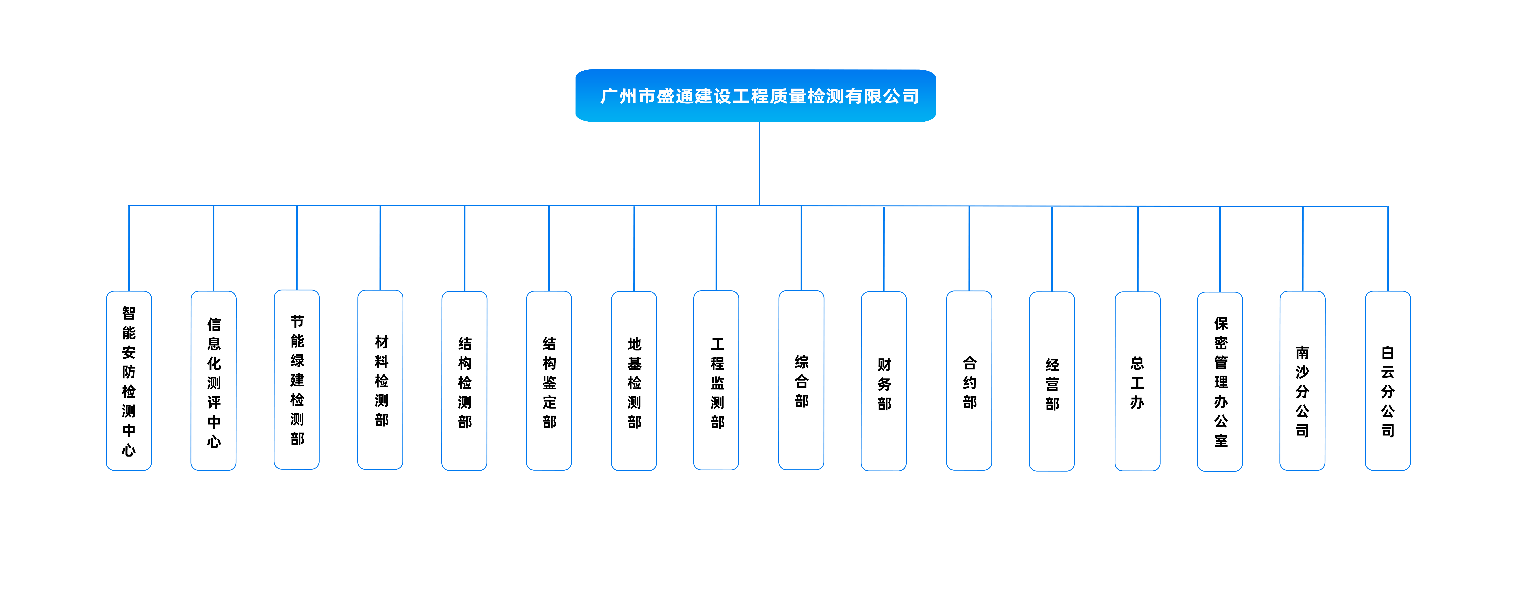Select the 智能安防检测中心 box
[129, 381]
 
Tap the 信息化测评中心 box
[213, 381]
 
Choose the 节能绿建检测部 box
[297, 380]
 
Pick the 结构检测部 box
[464, 381]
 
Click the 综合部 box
[802, 380]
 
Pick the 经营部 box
[1052, 381]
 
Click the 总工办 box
[1137, 381]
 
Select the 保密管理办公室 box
[1220, 382]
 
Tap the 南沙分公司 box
[1302, 381]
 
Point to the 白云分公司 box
[1388, 381]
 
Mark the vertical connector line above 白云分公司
[1388, 249]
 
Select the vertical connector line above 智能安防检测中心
[129, 248]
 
